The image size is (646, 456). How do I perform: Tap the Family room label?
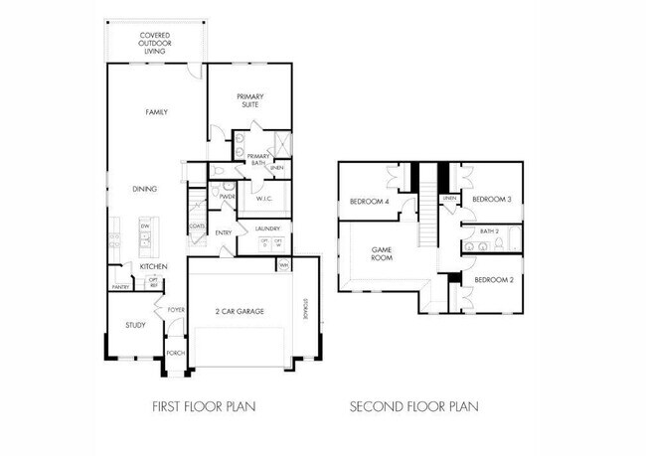(156, 112)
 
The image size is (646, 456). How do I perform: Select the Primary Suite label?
(249, 98)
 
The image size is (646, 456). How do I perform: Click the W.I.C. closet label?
(264, 199)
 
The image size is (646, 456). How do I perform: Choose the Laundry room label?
(268, 229)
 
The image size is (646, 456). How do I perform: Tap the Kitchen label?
(152, 266)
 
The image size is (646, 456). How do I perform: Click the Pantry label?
(121, 287)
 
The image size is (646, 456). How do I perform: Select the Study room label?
(135, 325)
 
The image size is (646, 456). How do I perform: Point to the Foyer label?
(175, 310)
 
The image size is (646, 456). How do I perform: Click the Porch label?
(175, 353)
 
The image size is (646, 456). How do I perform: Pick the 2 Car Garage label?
(241, 312)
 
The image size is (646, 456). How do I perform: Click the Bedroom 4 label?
(367, 203)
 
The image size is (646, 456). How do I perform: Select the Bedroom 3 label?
(491, 199)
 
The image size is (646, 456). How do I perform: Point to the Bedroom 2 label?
(492, 280)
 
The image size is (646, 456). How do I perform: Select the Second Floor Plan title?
(413, 406)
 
